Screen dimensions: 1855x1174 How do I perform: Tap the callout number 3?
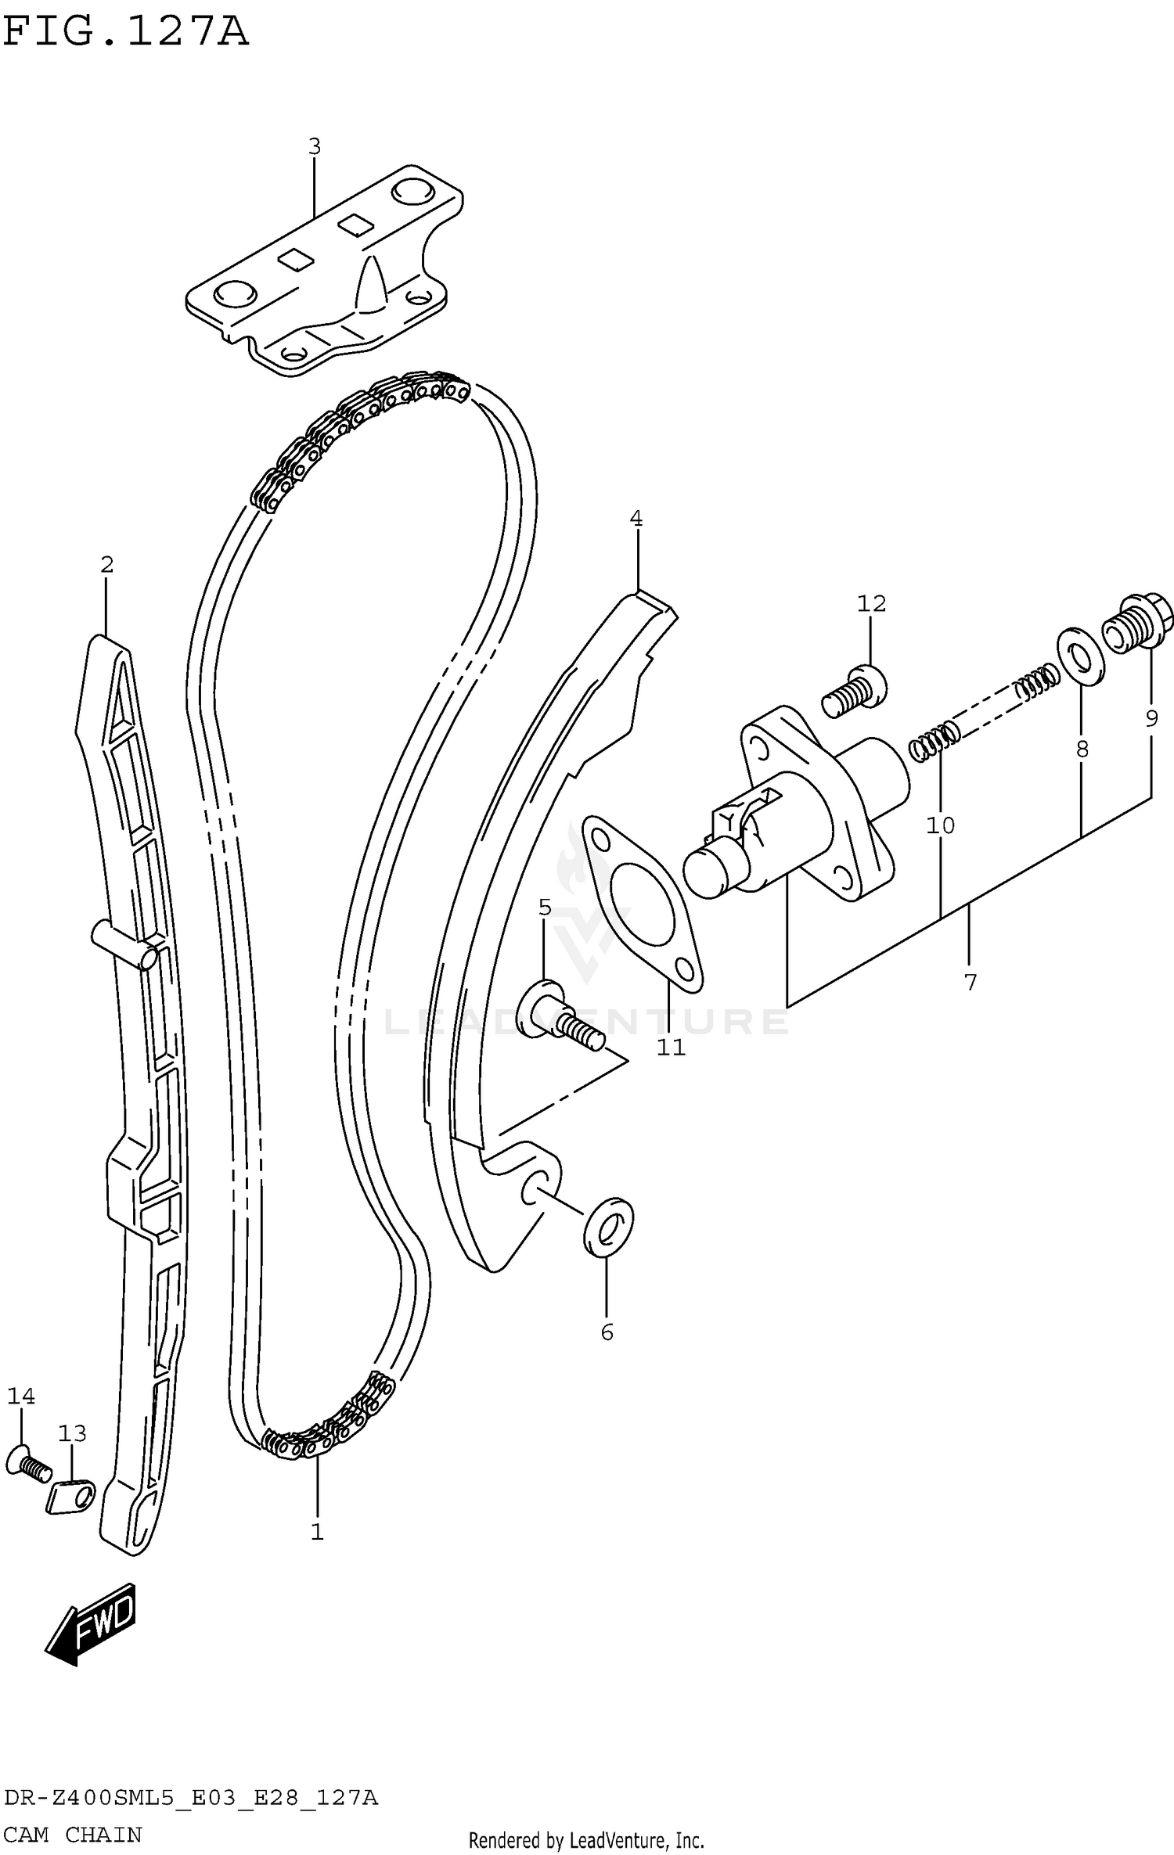[x=314, y=146]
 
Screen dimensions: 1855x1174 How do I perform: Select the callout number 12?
[x=871, y=603]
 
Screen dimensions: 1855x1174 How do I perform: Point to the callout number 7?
[x=971, y=982]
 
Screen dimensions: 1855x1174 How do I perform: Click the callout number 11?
[x=671, y=1048]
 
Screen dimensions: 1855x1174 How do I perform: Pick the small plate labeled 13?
[x=70, y=1496]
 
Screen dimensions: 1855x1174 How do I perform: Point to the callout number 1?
[x=317, y=1531]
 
